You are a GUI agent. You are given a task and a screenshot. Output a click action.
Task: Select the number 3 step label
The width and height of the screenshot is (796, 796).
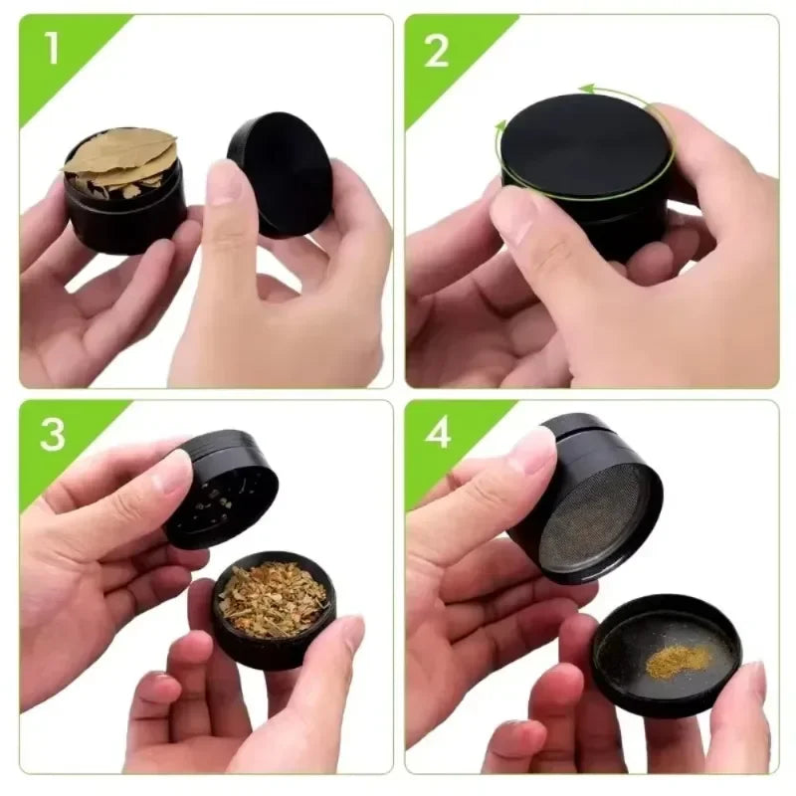53,435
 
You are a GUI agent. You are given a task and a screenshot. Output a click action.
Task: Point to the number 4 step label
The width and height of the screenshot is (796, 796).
438,435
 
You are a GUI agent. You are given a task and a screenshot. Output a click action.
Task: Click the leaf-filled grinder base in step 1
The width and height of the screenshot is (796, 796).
127,214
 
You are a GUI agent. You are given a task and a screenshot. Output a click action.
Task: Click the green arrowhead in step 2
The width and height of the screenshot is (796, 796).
588,90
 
